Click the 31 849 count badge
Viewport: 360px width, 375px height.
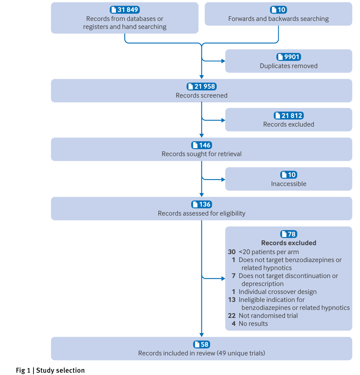click(125, 10)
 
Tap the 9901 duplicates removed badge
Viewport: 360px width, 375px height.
click(289, 57)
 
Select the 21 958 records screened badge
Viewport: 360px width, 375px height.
click(202, 87)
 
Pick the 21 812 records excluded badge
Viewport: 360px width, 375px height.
click(289, 116)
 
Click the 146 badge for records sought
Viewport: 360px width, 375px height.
click(202, 145)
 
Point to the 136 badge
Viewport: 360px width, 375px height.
click(202, 205)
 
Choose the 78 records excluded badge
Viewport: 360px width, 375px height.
click(289, 234)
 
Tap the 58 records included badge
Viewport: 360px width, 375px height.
click(202, 344)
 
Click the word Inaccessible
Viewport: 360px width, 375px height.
click(289, 184)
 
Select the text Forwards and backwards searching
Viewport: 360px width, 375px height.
click(278, 19)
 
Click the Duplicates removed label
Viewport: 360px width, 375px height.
click(289, 66)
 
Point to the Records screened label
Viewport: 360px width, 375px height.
click(202, 95)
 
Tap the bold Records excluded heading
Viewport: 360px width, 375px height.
click(289, 243)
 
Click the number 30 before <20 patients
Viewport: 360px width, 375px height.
click(231, 252)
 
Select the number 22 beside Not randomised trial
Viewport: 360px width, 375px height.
click(231, 316)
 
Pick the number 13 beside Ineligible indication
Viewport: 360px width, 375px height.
click(231, 300)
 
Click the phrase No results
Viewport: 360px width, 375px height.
click(253, 324)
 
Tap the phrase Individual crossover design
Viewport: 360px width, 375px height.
click(278, 292)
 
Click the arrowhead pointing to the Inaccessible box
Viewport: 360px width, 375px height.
click(223, 180)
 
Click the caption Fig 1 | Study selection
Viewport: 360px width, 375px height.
click(50, 370)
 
